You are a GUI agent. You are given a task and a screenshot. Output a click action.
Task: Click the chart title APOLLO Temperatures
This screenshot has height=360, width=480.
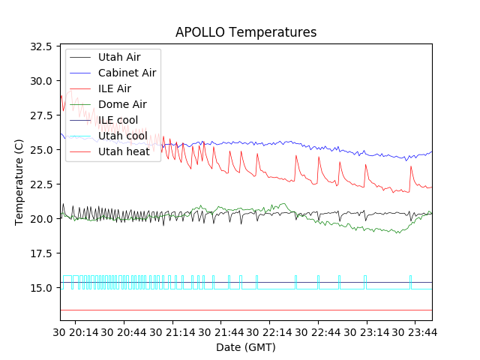[x=245, y=32]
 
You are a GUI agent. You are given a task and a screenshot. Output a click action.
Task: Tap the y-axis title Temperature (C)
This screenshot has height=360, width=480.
[x=19, y=182]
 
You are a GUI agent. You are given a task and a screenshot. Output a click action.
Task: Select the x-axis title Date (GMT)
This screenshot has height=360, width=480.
[x=245, y=347]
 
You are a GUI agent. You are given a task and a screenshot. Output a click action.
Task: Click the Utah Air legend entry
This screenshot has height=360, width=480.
[x=118, y=56]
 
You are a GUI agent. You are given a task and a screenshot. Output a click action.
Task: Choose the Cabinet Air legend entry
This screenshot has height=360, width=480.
[x=127, y=73]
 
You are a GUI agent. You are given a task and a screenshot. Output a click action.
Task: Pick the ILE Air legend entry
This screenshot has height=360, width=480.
[x=114, y=88]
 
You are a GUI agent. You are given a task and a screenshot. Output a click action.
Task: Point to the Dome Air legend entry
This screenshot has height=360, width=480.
[x=121, y=104]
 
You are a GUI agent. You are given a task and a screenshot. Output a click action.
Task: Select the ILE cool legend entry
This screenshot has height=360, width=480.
[x=118, y=120]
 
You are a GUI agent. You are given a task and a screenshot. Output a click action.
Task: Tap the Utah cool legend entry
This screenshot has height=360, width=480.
[x=122, y=136]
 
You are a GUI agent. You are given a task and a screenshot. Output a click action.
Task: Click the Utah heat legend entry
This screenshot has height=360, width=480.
[x=122, y=151]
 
